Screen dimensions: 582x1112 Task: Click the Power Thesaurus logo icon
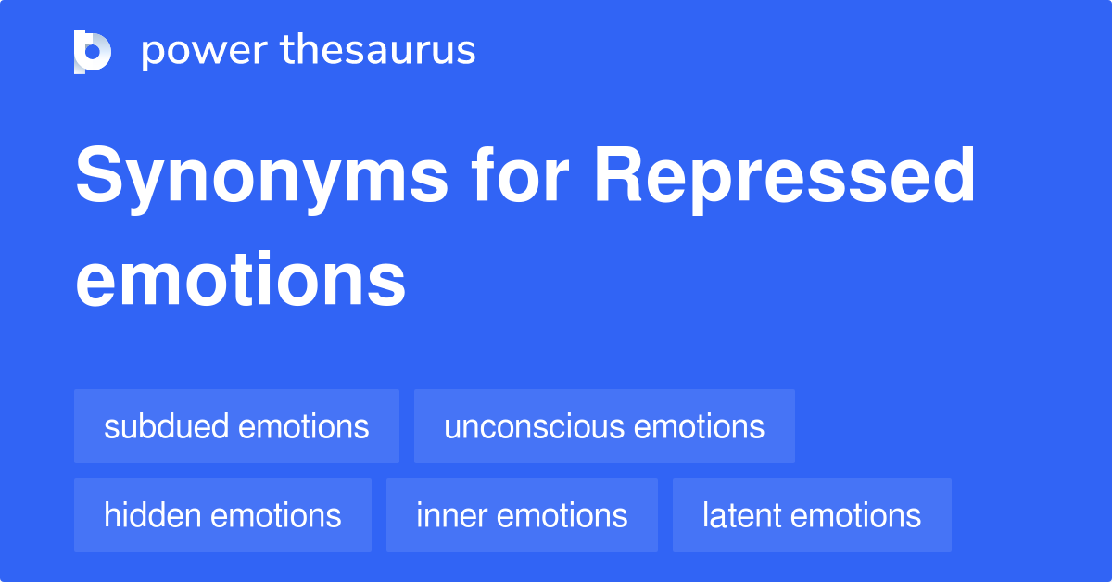click(x=93, y=51)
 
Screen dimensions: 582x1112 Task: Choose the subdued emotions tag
click(x=236, y=426)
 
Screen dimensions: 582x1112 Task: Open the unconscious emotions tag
click(x=604, y=426)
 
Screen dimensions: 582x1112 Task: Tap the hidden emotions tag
click(x=222, y=515)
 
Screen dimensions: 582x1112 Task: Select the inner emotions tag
click(x=522, y=515)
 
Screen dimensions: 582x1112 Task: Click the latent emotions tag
click(x=812, y=515)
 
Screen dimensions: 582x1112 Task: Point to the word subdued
click(x=167, y=426)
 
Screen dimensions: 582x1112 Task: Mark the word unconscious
click(x=520, y=427)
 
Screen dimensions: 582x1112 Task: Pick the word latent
click(x=739, y=515)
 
